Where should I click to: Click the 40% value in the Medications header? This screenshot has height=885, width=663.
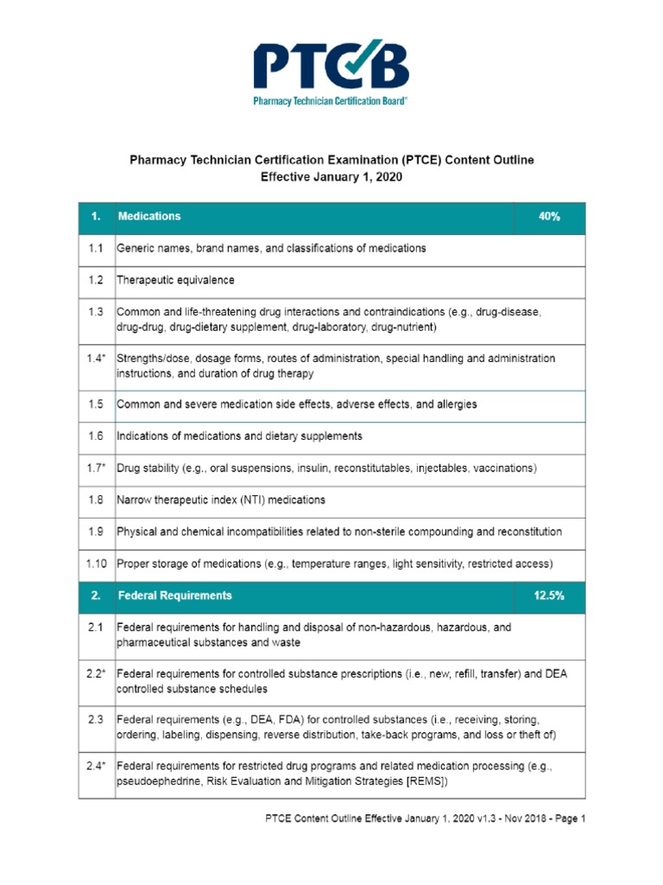[549, 217]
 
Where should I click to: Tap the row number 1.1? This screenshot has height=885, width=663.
[96, 248]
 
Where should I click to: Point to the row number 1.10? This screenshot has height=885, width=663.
[96, 564]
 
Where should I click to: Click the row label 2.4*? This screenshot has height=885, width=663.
[96, 766]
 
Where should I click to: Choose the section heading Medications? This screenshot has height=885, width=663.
[149, 217]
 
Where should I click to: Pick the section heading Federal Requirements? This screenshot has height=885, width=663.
[174, 595]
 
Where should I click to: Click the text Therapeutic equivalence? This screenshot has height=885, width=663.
[175, 280]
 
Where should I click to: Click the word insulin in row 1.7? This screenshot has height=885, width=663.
[307, 468]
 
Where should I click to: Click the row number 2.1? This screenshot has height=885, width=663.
[96, 627]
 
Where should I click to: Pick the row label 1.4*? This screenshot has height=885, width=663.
[96, 358]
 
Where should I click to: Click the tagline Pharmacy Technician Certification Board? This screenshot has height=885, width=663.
[331, 101]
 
